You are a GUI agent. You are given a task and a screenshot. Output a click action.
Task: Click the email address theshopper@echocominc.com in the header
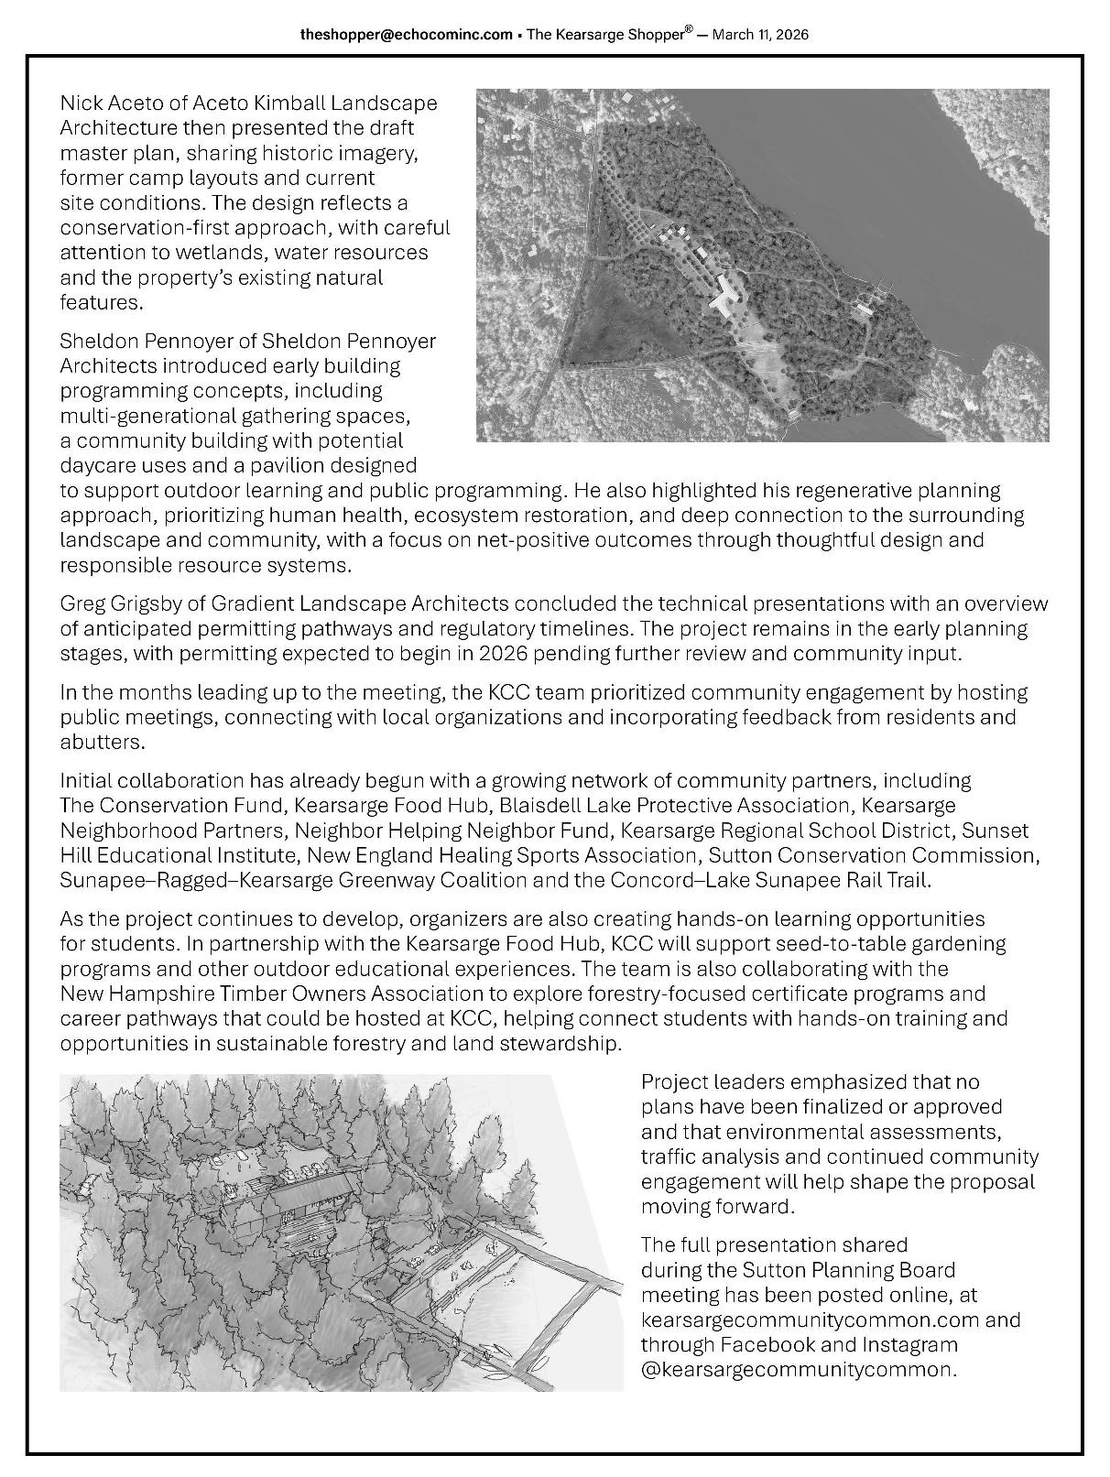click(406, 35)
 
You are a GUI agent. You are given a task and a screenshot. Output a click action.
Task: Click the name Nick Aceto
click(103, 103)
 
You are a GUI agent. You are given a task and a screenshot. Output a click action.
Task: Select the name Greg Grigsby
click(114, 604)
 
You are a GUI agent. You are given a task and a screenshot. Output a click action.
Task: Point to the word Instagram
click(903, 1345)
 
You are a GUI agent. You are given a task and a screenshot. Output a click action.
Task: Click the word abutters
click(102, 742)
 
